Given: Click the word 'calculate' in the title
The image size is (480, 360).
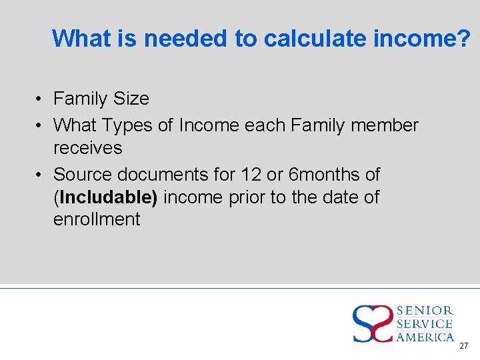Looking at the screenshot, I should point(308,39).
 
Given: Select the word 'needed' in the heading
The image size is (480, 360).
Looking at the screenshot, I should point(186,39).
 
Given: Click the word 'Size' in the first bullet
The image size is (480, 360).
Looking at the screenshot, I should point(131,99).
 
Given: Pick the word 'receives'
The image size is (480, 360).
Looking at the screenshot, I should point(88,147).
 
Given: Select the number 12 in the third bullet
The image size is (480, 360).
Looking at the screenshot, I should point(251,175).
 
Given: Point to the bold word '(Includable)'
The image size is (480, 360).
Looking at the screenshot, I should point(105,197).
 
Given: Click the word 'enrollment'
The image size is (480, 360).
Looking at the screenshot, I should point(97,219).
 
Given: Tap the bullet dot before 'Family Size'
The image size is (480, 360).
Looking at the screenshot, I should point(40,99).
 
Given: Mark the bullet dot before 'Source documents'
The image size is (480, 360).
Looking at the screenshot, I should point(40,175).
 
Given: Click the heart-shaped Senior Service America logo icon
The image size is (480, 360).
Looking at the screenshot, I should point(373,323).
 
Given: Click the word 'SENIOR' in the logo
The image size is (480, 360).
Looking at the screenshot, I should point(425,311).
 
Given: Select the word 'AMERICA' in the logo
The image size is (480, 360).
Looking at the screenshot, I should point(425,337).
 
